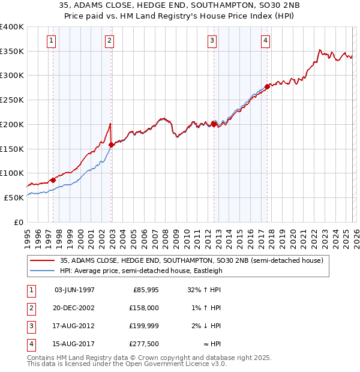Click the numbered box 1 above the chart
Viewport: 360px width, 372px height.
click(51, 41)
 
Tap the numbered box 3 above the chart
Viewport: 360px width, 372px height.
click(212, 41)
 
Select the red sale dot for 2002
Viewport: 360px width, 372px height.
click(112, 144)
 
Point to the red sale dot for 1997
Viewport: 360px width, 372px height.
click(53, 179)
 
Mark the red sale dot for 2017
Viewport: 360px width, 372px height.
click(267, 86)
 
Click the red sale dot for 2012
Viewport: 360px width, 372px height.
click(214, 124)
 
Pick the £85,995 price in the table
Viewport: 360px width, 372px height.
click(145, 290)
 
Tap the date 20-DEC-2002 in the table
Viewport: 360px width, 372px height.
click(74, 307)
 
